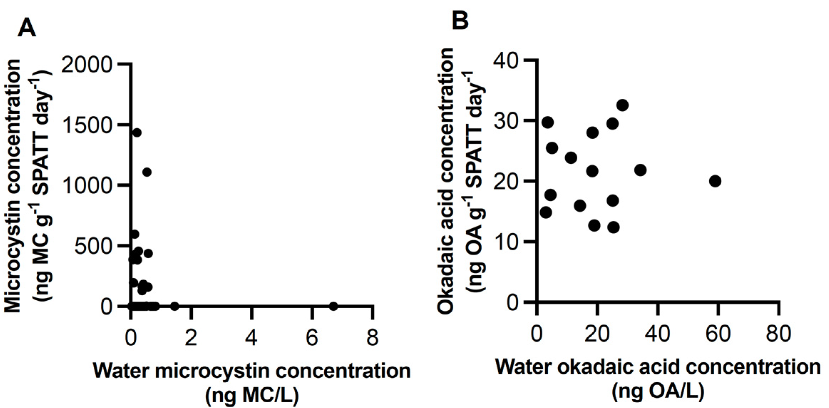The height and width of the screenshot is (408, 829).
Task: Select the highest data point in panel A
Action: pyautogui.click(x=137, y=133)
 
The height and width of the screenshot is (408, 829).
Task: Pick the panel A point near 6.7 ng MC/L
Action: pyautogui.click(x=333, y=306)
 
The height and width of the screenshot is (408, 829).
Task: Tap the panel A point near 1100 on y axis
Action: pyautogui.click(x=147, y=172)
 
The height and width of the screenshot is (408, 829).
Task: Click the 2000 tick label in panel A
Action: pyautogui.click(x=87, y=65)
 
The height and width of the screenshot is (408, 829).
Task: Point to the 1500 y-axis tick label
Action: pyautogui.click(x=87, y=125)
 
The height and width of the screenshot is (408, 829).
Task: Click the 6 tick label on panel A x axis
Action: pyautogui.click(x=312, y=337)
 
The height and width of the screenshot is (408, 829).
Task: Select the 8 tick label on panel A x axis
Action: pyautogui.click(x=372, y=337)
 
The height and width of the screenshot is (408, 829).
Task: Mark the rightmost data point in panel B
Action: pyautogui.click(x=715, y=181)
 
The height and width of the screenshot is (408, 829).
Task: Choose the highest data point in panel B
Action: pyautogui.click(x=622, y=105)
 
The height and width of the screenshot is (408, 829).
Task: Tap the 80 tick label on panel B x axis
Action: pyautogui.click(x=779, y=334)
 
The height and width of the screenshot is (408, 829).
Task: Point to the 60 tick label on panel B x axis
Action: pyautogui.click(x=718, y=334)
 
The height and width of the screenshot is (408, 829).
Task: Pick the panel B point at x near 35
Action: pyautogui.click(x=640, y=170)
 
